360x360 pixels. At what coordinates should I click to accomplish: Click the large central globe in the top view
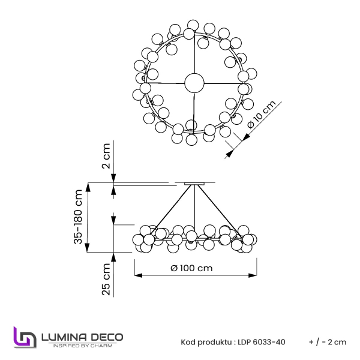click(193, 83)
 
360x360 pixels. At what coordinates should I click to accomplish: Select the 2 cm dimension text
click(106, 157)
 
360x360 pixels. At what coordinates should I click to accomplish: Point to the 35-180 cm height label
click(78, 217)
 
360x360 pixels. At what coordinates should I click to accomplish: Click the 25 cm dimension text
click(106, 281)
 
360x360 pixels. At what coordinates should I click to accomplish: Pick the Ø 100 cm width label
click(191, 268)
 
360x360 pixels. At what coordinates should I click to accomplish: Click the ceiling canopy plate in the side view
click(195, 184)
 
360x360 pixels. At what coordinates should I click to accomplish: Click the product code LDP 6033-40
click(262, 342)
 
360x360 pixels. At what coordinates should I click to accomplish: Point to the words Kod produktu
click(206, 342)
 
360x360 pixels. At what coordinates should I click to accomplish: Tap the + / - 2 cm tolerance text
click(328, 342)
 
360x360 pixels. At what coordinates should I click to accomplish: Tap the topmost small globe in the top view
click(193, 25)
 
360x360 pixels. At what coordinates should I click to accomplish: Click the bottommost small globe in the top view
click(192, 140)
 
